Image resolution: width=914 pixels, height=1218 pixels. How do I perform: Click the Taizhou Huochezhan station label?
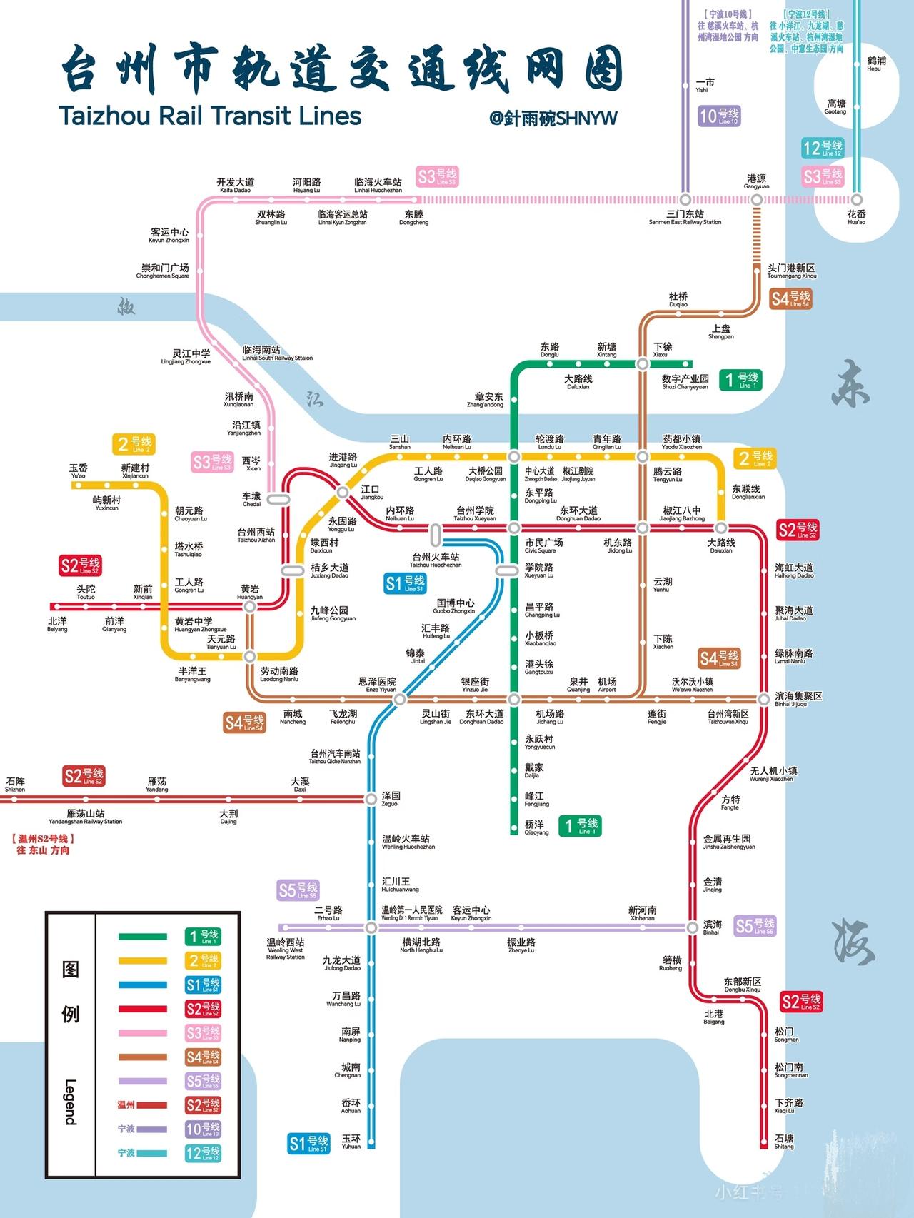(436, 560)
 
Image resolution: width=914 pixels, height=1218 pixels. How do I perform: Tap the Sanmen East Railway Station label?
(685, 217)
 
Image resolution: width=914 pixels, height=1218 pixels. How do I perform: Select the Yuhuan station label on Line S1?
(351, 1141)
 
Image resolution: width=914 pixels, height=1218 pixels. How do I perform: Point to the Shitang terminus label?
(784, 1141)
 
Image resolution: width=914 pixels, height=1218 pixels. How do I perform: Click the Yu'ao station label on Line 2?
(79, 471)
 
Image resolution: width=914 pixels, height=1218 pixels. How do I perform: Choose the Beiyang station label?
(57, 624)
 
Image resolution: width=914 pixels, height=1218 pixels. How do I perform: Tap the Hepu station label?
(875, 64)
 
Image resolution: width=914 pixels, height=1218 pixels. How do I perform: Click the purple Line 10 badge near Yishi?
(719, 116)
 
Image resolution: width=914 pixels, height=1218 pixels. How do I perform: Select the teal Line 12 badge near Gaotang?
(823, 149)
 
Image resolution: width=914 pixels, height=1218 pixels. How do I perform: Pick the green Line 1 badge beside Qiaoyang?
(579, 826)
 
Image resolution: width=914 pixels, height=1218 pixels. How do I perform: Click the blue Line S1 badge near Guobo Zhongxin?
(405, 583)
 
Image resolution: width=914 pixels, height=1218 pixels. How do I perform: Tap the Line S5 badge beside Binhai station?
(755, 926)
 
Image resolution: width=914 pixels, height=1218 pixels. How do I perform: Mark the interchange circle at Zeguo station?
(371, 799)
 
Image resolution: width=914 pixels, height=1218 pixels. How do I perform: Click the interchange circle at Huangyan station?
(250, 607)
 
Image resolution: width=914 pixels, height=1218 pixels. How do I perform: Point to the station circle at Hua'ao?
(856, 200)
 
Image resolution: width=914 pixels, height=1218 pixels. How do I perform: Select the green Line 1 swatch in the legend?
(143, 937)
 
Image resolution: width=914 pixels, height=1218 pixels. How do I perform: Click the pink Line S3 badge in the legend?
(203, 1032)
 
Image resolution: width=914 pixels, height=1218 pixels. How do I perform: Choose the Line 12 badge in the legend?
(203, 1152)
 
